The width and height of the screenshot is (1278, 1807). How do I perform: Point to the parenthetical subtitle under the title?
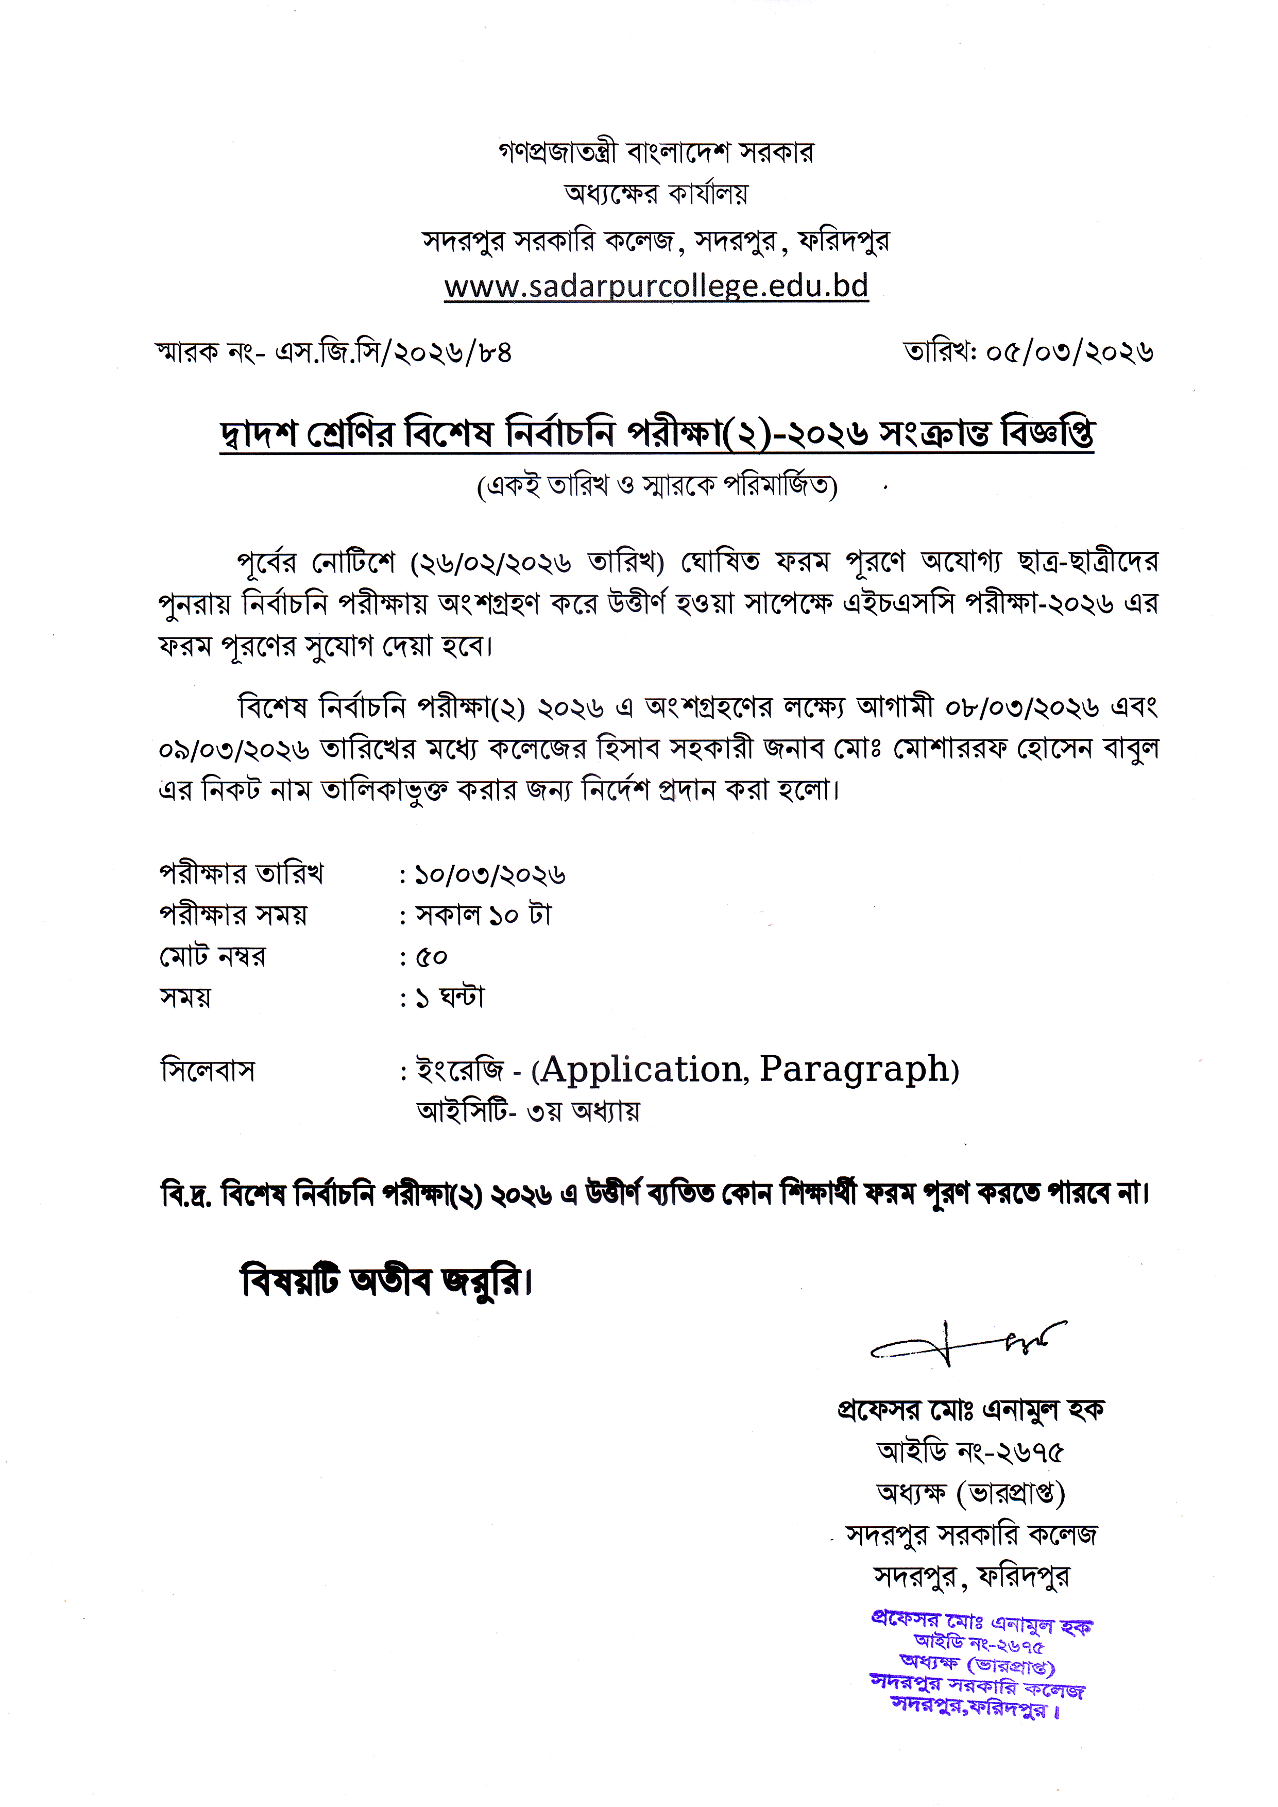pyautogui.click(x=657, y=486)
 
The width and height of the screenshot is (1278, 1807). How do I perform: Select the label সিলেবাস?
pyautogui.click(x=208, y=1070)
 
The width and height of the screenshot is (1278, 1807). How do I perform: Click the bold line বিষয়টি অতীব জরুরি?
pyautogui.click(x=386, y=1282)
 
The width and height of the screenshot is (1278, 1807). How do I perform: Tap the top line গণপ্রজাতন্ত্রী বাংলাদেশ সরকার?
pyautogui.click(x=656, y=152)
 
